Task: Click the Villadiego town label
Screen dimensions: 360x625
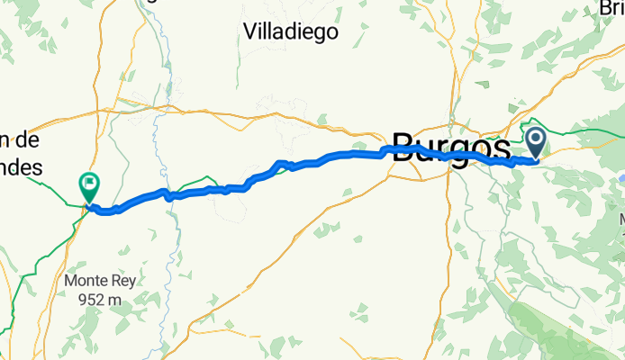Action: click(291, 31)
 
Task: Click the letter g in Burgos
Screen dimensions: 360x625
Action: click(462, 154)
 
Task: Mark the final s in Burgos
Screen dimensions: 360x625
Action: click(500, 151)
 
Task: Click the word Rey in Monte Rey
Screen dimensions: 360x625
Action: click(123, 281)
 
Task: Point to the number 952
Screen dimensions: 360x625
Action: click(92, 299)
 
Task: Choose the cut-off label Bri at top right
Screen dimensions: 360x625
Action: click(612, 8)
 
